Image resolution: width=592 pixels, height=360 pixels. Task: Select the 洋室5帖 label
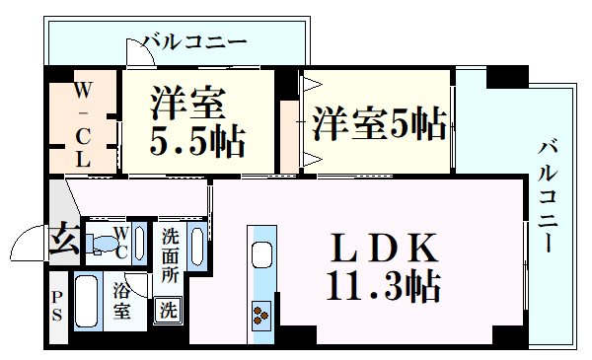[x=379, y=125]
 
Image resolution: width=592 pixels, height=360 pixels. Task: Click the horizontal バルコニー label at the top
[x=193, y=42]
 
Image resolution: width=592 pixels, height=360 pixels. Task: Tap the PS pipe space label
[x=57, y=307]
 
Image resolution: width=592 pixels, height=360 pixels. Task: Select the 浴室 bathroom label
[x=122, y=302]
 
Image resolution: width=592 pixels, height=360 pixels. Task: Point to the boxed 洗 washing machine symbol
[x=170, y=308]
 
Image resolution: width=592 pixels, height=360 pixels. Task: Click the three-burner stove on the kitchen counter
[x=263, y=315]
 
